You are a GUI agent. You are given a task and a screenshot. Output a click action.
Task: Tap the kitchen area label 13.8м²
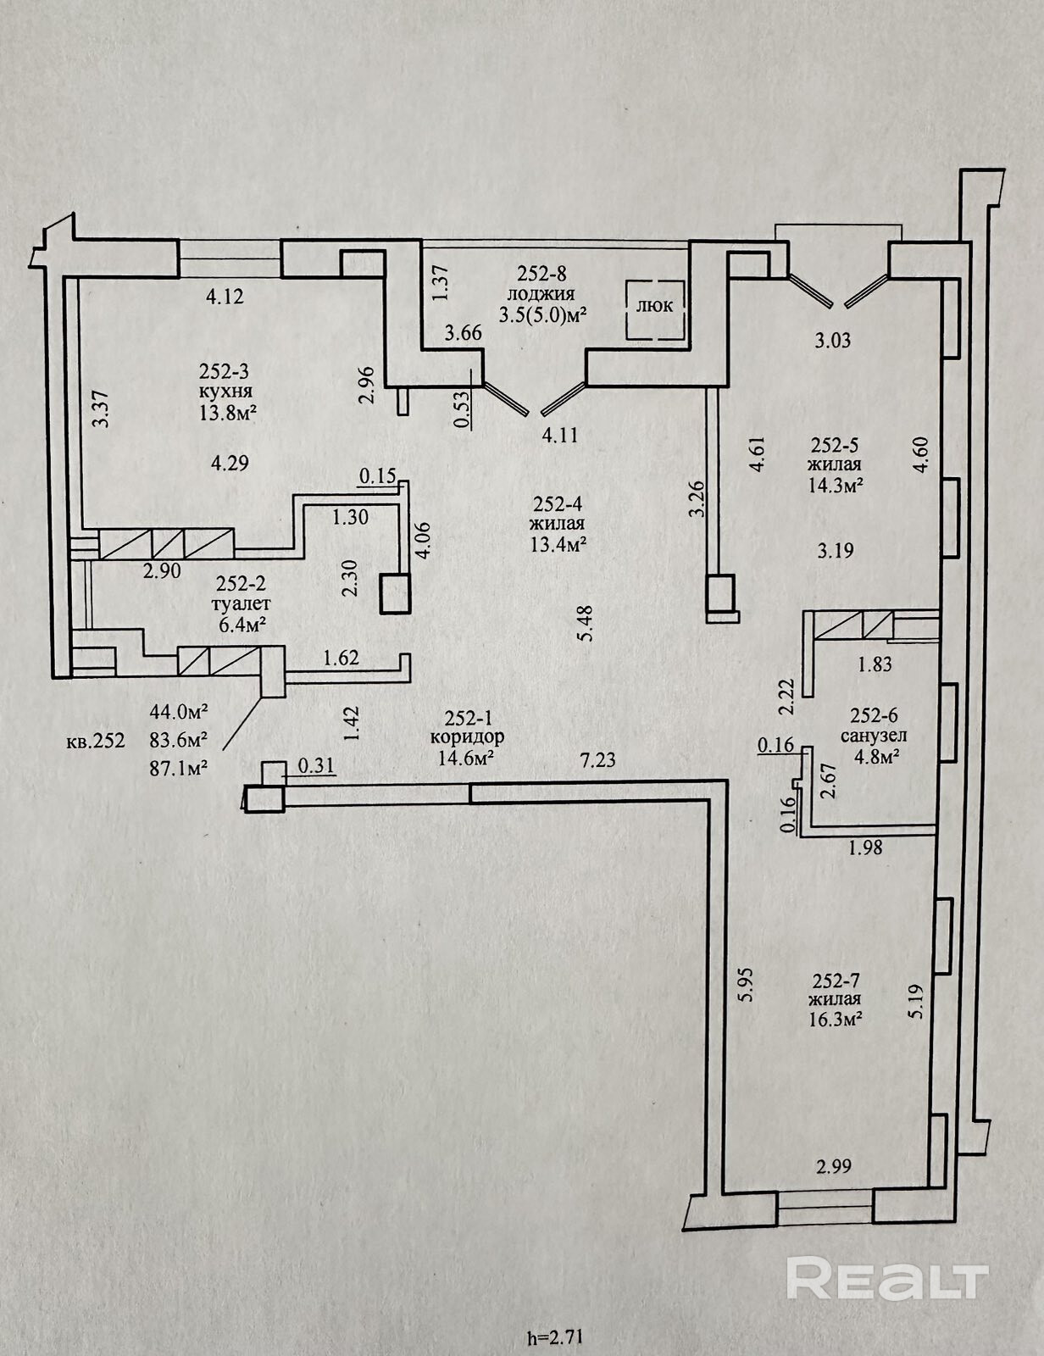pos(229,414)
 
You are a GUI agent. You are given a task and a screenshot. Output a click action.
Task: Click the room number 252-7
pos(837,981)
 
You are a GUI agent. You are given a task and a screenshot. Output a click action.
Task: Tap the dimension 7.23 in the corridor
pos(597,760)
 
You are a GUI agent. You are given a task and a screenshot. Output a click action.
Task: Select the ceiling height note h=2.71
pos(555,1339)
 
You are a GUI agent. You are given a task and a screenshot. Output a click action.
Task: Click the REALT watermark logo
pos(887,1278)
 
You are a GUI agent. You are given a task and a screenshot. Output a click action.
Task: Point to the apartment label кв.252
pos(96,741)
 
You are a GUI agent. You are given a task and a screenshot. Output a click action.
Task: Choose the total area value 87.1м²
pos(180,766)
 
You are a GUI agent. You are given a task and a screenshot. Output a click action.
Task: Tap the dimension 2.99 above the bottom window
pos(834,1167)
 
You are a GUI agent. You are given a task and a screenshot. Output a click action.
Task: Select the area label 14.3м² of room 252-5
pos(836,486)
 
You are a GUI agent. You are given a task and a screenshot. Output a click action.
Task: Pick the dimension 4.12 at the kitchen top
pos(225,296)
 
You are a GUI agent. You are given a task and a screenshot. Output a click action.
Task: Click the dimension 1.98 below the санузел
pos(865,847)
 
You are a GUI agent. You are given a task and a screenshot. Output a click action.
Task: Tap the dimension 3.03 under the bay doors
pos(832,342)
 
